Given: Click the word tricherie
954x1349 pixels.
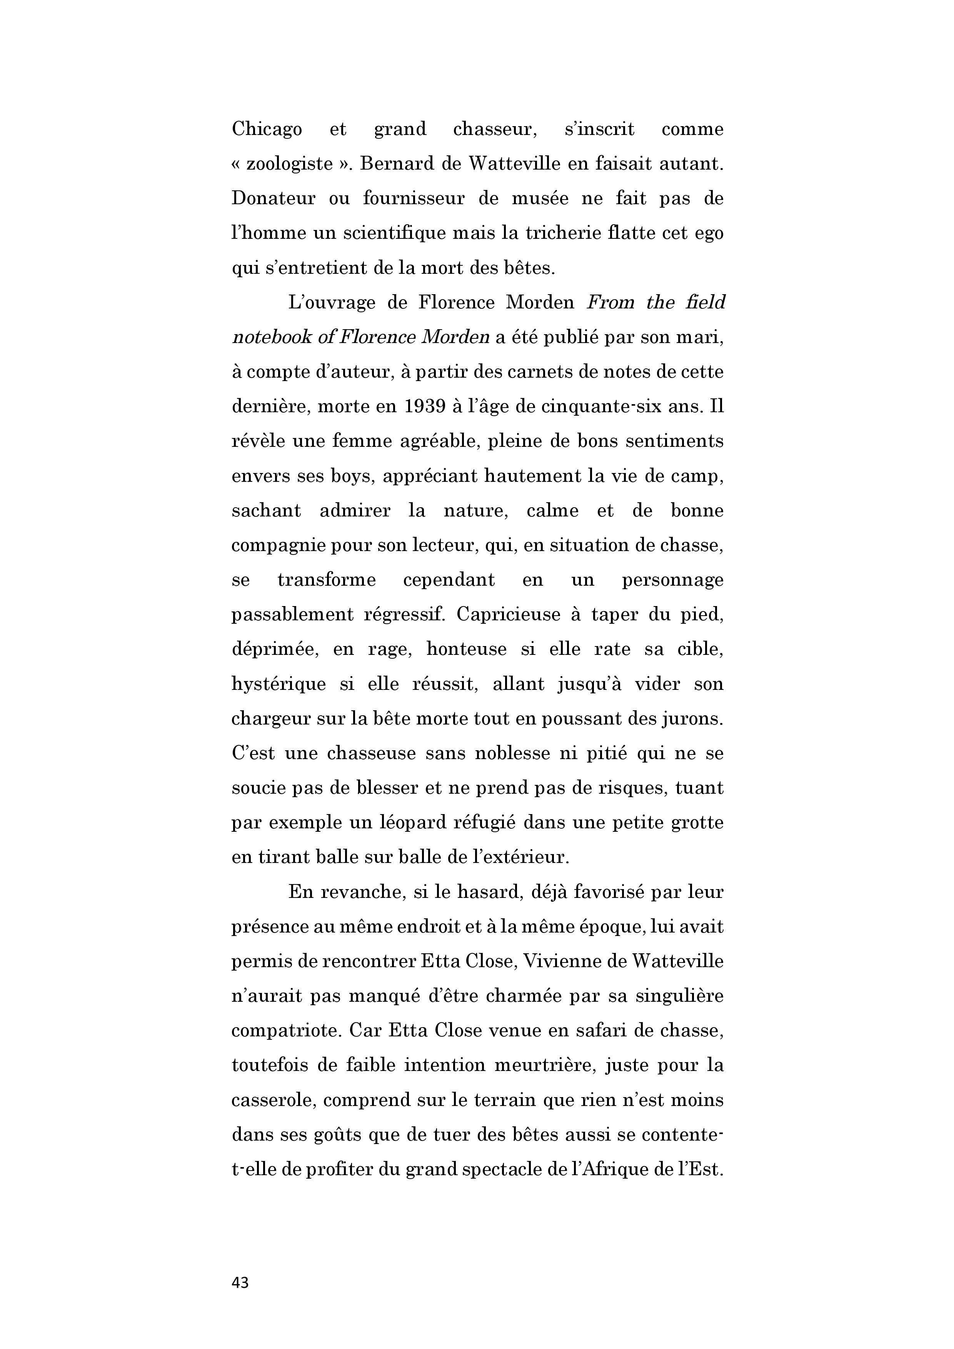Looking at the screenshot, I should pos(550,233).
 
